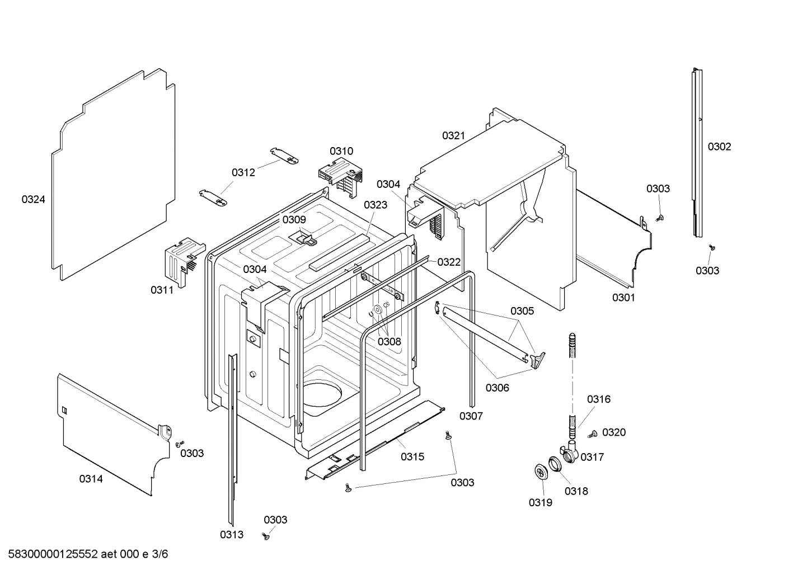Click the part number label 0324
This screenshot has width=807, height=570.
click(33, 199)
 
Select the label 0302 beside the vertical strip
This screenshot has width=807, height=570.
click(719, 147)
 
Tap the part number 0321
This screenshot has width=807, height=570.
click(453, 135)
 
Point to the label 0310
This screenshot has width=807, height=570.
click(341, 151)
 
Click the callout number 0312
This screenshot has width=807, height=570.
click(243, 172)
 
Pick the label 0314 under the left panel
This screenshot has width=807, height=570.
click(91, 479)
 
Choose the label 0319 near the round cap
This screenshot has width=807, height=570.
click(540, 502)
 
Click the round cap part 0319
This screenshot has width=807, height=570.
click(541, 472)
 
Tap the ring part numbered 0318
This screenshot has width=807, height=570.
click(554, 464)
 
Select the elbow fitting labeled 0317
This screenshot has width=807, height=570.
click(569, 451)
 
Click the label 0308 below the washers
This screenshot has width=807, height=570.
click(390, 341)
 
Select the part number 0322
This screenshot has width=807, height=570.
click(449, 262)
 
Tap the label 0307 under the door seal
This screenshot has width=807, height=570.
click(471, 416)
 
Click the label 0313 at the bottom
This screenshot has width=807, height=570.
click(231, 535)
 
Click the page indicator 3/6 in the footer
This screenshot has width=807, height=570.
click(159, 554)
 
